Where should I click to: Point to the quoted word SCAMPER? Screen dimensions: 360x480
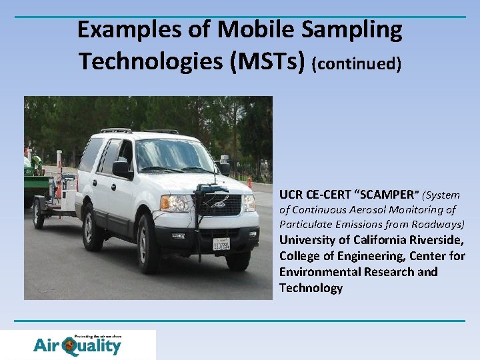[387, 195]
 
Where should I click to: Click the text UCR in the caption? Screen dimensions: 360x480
[291, 195]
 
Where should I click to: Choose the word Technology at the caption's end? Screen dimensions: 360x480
[311, 288]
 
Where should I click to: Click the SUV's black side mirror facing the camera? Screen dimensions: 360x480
[122, 169]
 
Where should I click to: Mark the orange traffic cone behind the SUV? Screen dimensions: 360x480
[249, 182]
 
